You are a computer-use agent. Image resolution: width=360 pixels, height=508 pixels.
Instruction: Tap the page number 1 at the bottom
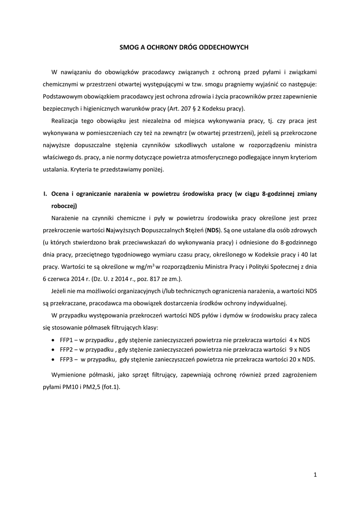click(x=315, y=475)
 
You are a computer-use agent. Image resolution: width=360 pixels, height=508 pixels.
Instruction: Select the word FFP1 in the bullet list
click(x=67, y=339)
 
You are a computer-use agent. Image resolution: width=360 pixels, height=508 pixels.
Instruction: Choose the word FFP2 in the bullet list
click(x=67, y=349)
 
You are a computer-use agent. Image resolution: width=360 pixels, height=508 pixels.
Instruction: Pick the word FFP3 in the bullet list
click(x=67, y=360)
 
